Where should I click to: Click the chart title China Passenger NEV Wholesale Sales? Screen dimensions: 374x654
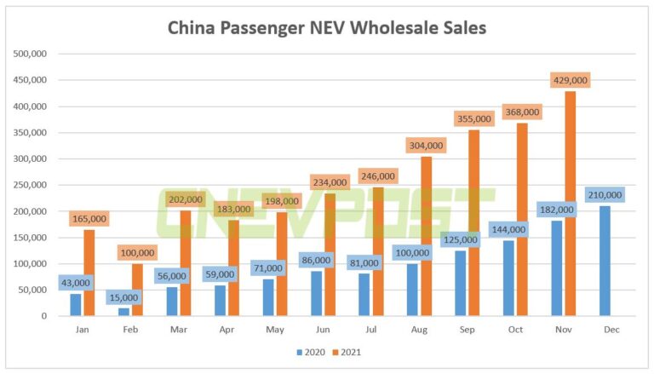327,28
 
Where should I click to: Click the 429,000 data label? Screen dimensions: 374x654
570,80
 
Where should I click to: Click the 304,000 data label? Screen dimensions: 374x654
426,145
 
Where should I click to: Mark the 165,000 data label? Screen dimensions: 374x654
89,219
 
